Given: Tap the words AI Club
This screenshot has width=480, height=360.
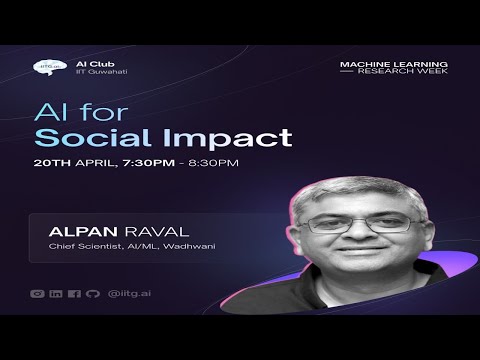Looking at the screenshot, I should pyautogui.click(x=88, y=63).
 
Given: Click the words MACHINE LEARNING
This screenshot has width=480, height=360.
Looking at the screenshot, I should pyautogui.click(x=393, y=64).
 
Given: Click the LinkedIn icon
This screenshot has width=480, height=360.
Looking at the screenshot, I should pyautogui.click(x=56, y=293).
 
